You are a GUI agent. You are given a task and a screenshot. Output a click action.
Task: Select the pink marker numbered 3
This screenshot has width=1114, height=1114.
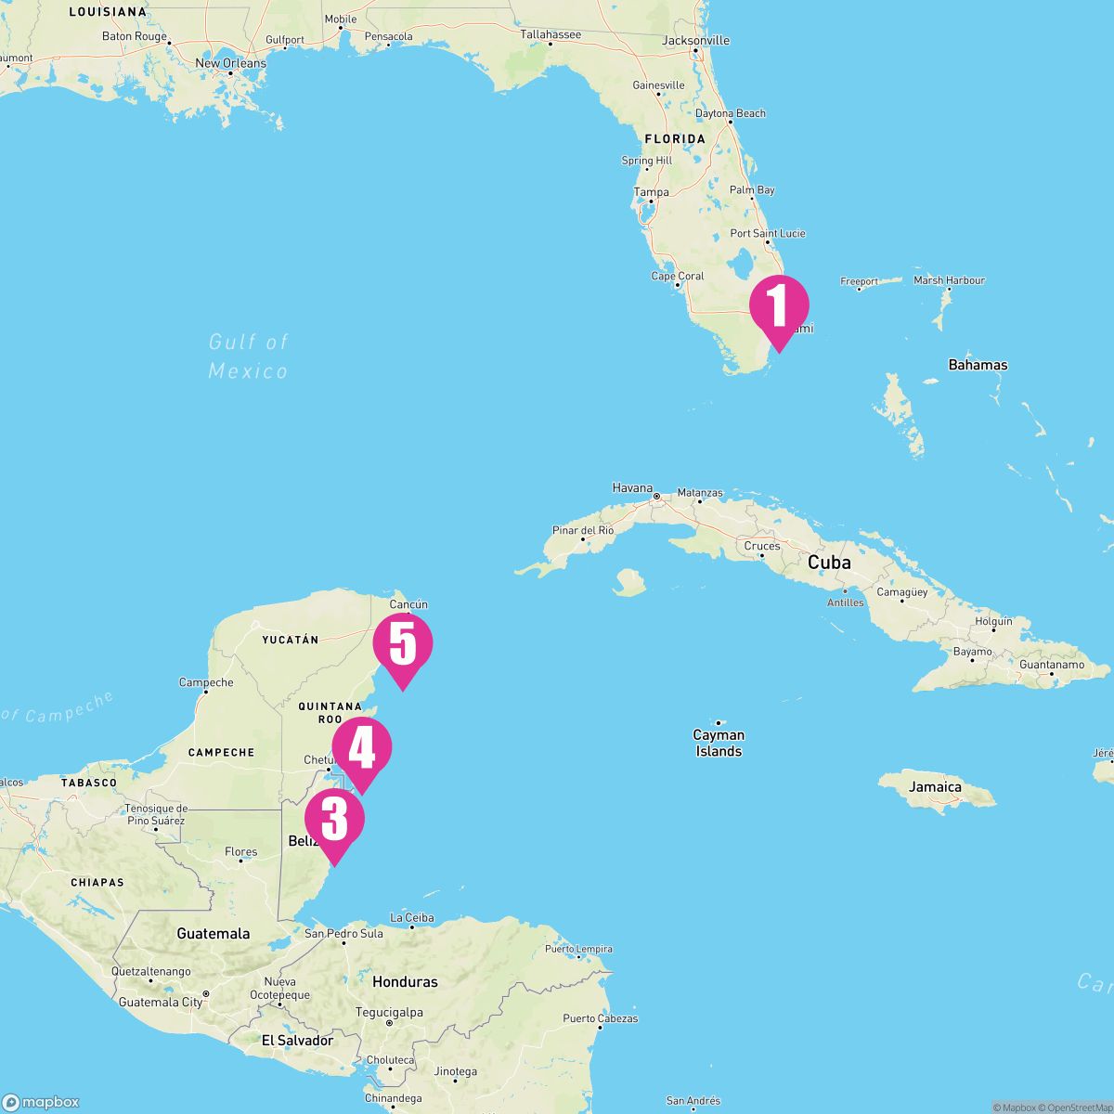[334, 820]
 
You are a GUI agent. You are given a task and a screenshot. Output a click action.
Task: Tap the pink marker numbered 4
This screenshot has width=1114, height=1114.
[362, 750]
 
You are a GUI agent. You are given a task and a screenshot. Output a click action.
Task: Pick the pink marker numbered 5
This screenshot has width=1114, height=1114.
[403, 644]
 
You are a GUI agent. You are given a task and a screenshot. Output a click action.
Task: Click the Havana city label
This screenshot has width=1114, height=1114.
[632, 487]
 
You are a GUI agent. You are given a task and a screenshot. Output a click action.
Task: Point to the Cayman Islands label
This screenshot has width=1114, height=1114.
[719, 743]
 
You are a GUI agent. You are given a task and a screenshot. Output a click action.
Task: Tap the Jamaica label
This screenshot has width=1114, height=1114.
[936, 787]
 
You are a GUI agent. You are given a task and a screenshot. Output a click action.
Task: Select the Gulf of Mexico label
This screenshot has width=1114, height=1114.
[248, 356]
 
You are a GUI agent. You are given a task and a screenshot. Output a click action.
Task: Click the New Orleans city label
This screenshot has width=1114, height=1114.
[230, 63]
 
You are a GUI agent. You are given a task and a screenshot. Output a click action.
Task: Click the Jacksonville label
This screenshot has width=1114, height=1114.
[695, 41]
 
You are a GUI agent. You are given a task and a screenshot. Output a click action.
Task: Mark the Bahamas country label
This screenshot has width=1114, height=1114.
[978, 365]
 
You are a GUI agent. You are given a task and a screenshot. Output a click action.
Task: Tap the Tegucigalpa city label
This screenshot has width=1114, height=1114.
[390, 1012]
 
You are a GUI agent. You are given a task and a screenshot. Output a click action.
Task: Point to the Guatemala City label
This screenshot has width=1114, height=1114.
[161, 1003]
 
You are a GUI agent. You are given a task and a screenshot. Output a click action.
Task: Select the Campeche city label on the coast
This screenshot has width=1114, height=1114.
[206, 682]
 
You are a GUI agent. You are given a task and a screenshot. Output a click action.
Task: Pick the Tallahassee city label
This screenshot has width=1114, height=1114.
[551, 34]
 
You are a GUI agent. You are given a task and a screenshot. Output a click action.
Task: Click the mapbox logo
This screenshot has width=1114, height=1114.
[42, 1102]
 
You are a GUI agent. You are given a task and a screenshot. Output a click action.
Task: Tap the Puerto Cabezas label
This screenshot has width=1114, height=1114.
[600, 1018]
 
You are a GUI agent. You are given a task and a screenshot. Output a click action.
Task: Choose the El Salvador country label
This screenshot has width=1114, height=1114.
[297, 1041]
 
